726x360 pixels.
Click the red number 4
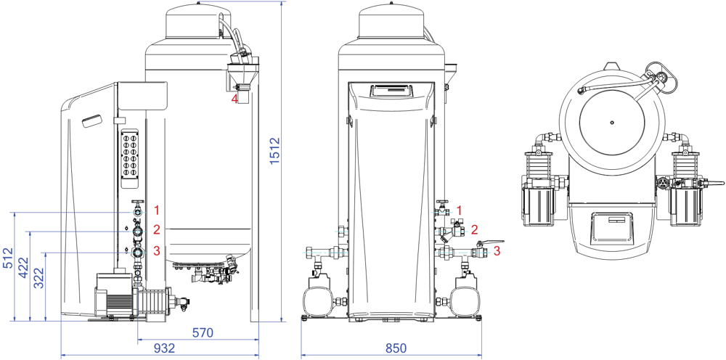234,99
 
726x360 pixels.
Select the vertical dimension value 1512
275,150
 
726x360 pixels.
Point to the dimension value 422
23,267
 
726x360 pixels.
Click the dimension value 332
38,277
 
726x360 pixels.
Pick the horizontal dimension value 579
203,333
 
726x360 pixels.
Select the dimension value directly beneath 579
164,349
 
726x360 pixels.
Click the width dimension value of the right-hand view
396,349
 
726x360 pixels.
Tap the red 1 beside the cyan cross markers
156,210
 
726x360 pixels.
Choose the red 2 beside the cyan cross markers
156,230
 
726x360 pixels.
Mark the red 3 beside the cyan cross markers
156,251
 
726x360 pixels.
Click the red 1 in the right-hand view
459,210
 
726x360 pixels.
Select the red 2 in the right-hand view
474,230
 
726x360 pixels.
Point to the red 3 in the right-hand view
497,251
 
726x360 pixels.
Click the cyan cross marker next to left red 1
138,212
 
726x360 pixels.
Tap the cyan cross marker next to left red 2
138,232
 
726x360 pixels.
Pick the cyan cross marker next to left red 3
138,253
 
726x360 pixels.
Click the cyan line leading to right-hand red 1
441,212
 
